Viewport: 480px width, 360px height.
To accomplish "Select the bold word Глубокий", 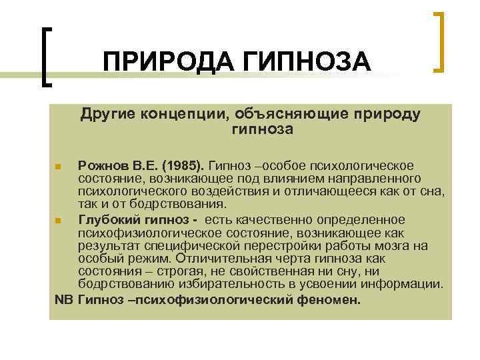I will pos(107,220).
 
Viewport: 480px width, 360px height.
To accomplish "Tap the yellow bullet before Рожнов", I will pos(59,166).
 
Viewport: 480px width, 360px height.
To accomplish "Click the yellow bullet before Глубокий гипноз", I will pos(59,221).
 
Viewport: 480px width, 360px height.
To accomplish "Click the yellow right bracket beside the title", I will pos(439,41).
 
